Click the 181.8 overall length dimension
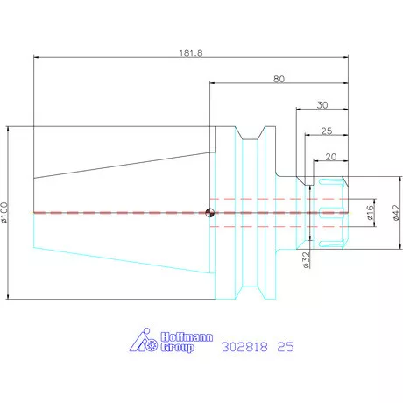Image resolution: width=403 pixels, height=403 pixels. coord(191,53)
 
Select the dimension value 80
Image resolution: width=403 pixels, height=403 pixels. coord(279,79)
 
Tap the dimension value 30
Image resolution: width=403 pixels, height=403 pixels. coord(322,105)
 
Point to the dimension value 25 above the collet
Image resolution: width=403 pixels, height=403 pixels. coord(327,131)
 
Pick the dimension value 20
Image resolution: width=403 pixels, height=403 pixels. coord(331,157)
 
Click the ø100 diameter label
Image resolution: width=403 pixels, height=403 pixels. coord(4,213)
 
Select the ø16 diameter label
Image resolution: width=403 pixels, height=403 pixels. coord(370,212)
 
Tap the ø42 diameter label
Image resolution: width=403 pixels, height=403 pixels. coord(396,213)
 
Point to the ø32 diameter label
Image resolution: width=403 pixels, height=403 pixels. coord(306,260)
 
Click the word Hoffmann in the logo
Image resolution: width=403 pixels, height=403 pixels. coord(187,337)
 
